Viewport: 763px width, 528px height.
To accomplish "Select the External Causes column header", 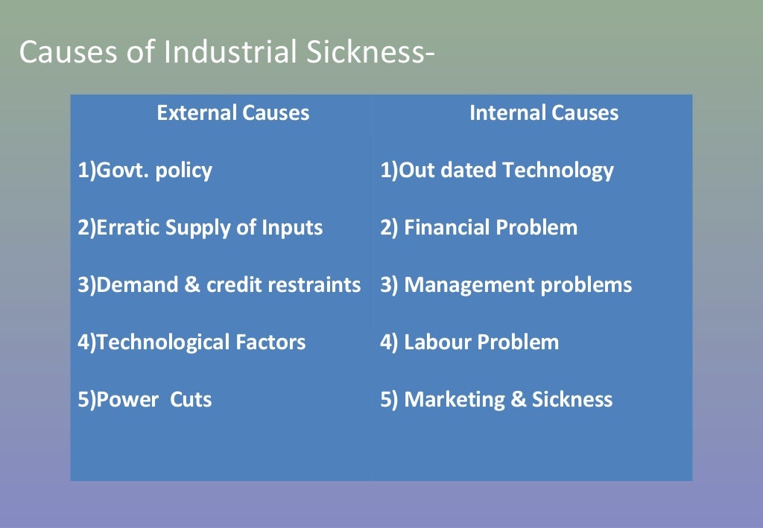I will tap(232, 113).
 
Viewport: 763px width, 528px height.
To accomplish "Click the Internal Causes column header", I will tap(543, 113).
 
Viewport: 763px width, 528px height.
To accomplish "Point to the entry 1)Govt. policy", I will tap(145, 171).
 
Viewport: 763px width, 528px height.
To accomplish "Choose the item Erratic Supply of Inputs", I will tap(200, 228).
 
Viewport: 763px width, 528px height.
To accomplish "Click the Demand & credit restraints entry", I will tap(219, 285).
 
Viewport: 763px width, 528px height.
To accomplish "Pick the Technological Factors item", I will tap(191, 343).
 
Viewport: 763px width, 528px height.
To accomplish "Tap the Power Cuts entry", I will tap(145, 400).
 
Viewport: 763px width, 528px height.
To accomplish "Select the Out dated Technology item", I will tap(497, 171).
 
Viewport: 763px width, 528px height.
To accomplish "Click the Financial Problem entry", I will tap(478, 228).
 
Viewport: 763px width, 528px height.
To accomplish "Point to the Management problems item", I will tap(506, 285).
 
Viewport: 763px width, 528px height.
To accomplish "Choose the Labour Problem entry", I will tap(469, 343).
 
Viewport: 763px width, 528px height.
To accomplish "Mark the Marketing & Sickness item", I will tap(496, 400).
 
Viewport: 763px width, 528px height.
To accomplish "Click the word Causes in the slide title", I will tap(59, 53).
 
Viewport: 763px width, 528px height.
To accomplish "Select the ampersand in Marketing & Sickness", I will tap(519, 400).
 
